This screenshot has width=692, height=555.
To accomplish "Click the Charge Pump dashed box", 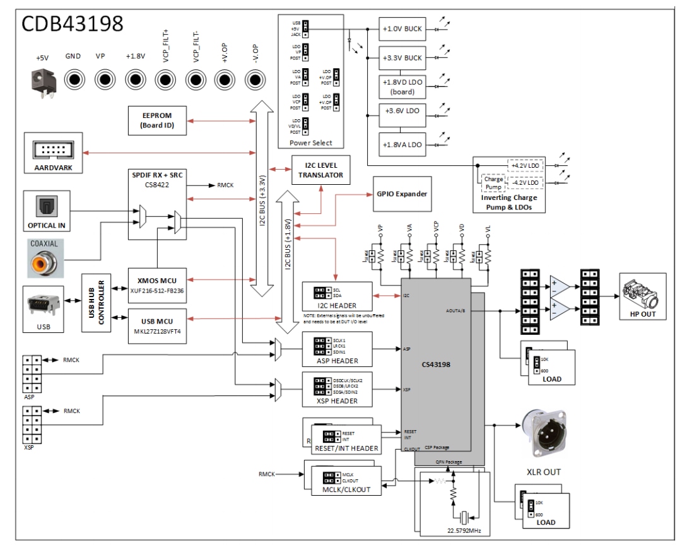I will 493,184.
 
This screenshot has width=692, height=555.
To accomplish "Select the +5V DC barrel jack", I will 42,81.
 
